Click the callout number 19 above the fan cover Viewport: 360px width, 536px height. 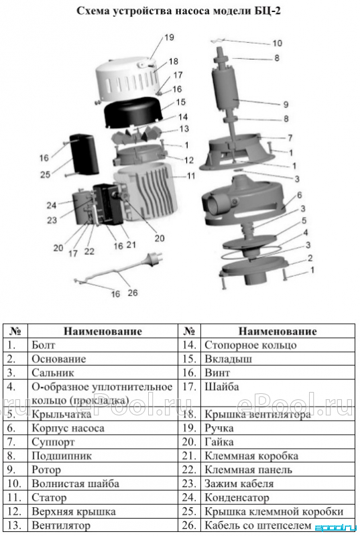pos(169,37)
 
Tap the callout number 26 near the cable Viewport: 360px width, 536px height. pos(133,293)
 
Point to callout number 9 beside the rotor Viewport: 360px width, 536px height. pos(286,105)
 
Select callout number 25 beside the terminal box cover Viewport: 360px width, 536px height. pos(45,174)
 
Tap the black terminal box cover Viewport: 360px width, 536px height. pos(84,154)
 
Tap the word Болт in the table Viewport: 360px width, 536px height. pos(44,345)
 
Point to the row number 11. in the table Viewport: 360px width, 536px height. pos(14,498)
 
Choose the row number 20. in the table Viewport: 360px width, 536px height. pos(189,442)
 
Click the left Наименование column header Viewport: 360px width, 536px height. pos(103,331)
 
